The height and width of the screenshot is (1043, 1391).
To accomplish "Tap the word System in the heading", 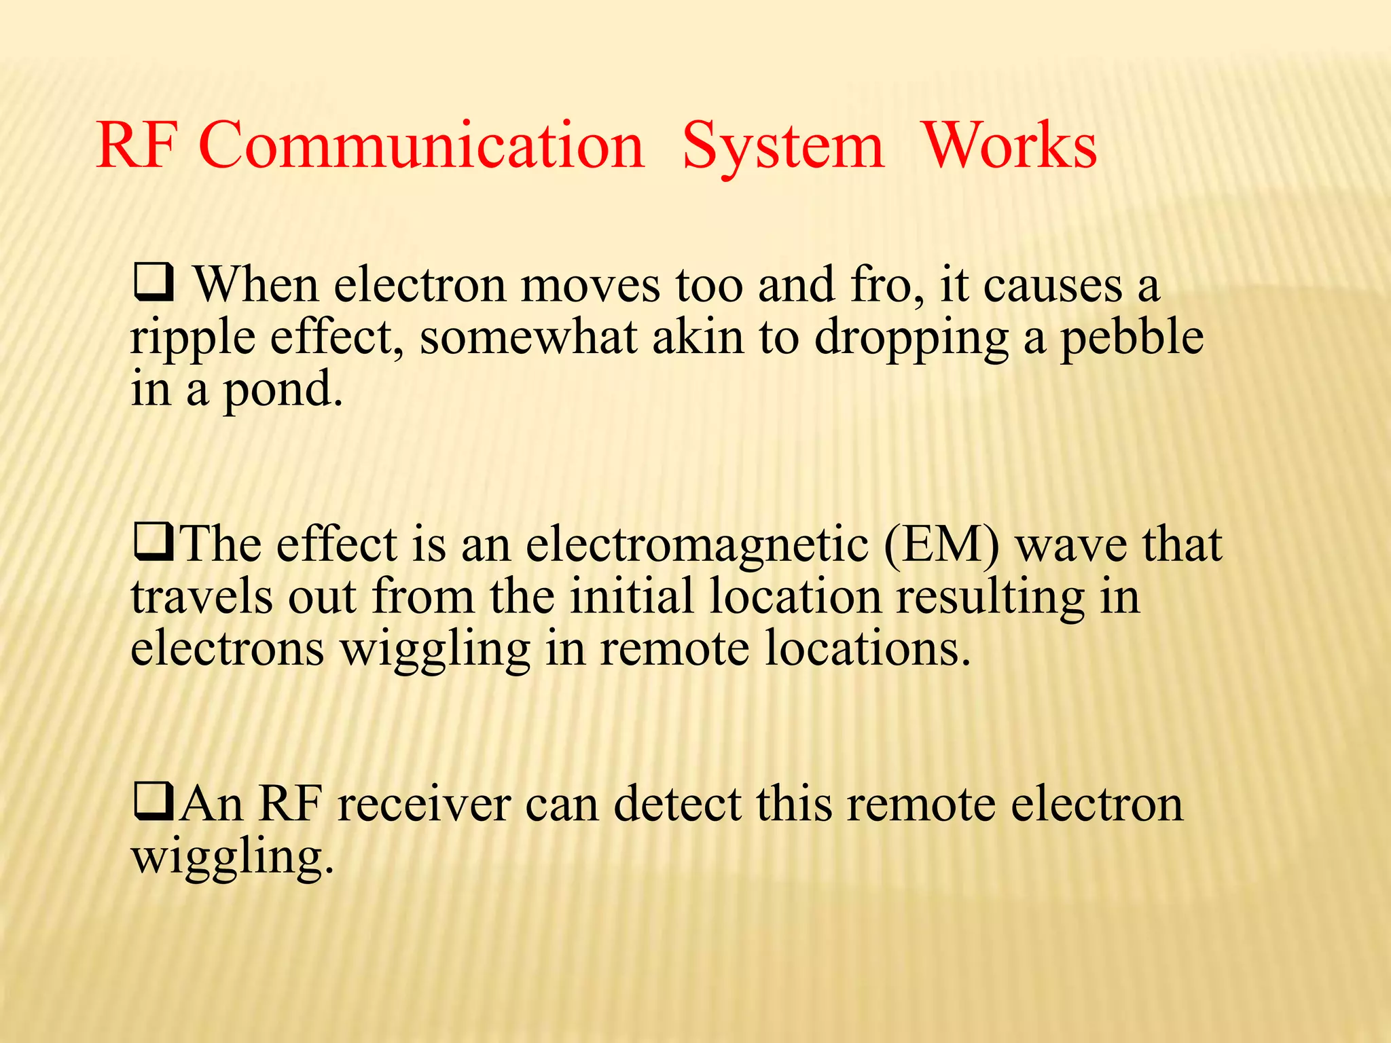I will point(783,146).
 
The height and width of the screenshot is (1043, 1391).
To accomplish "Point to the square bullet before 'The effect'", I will point(154,545).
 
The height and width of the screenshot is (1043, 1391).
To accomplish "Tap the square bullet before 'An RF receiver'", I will point(154,804).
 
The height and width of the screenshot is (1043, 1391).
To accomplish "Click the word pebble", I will point(1132,337).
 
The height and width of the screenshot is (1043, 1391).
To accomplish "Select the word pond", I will point(283,390).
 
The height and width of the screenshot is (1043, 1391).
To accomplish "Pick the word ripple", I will point(192,337).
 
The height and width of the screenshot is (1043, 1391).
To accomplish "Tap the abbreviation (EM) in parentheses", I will point(941,545).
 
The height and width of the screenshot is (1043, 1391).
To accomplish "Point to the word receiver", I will point(424,804).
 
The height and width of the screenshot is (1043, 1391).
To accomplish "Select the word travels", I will point(202,597).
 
